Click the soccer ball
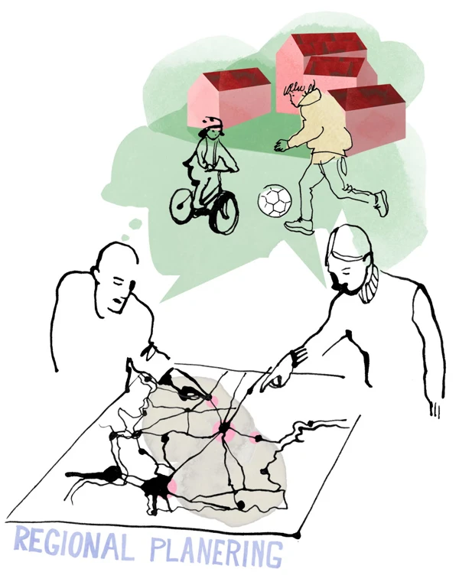[275, 201]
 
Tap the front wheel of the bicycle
[224, 213]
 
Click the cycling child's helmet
[213, 125]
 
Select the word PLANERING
[216, 555]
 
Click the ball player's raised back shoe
[381, 203]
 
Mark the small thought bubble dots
[132, 229]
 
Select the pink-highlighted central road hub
[224, 431]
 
